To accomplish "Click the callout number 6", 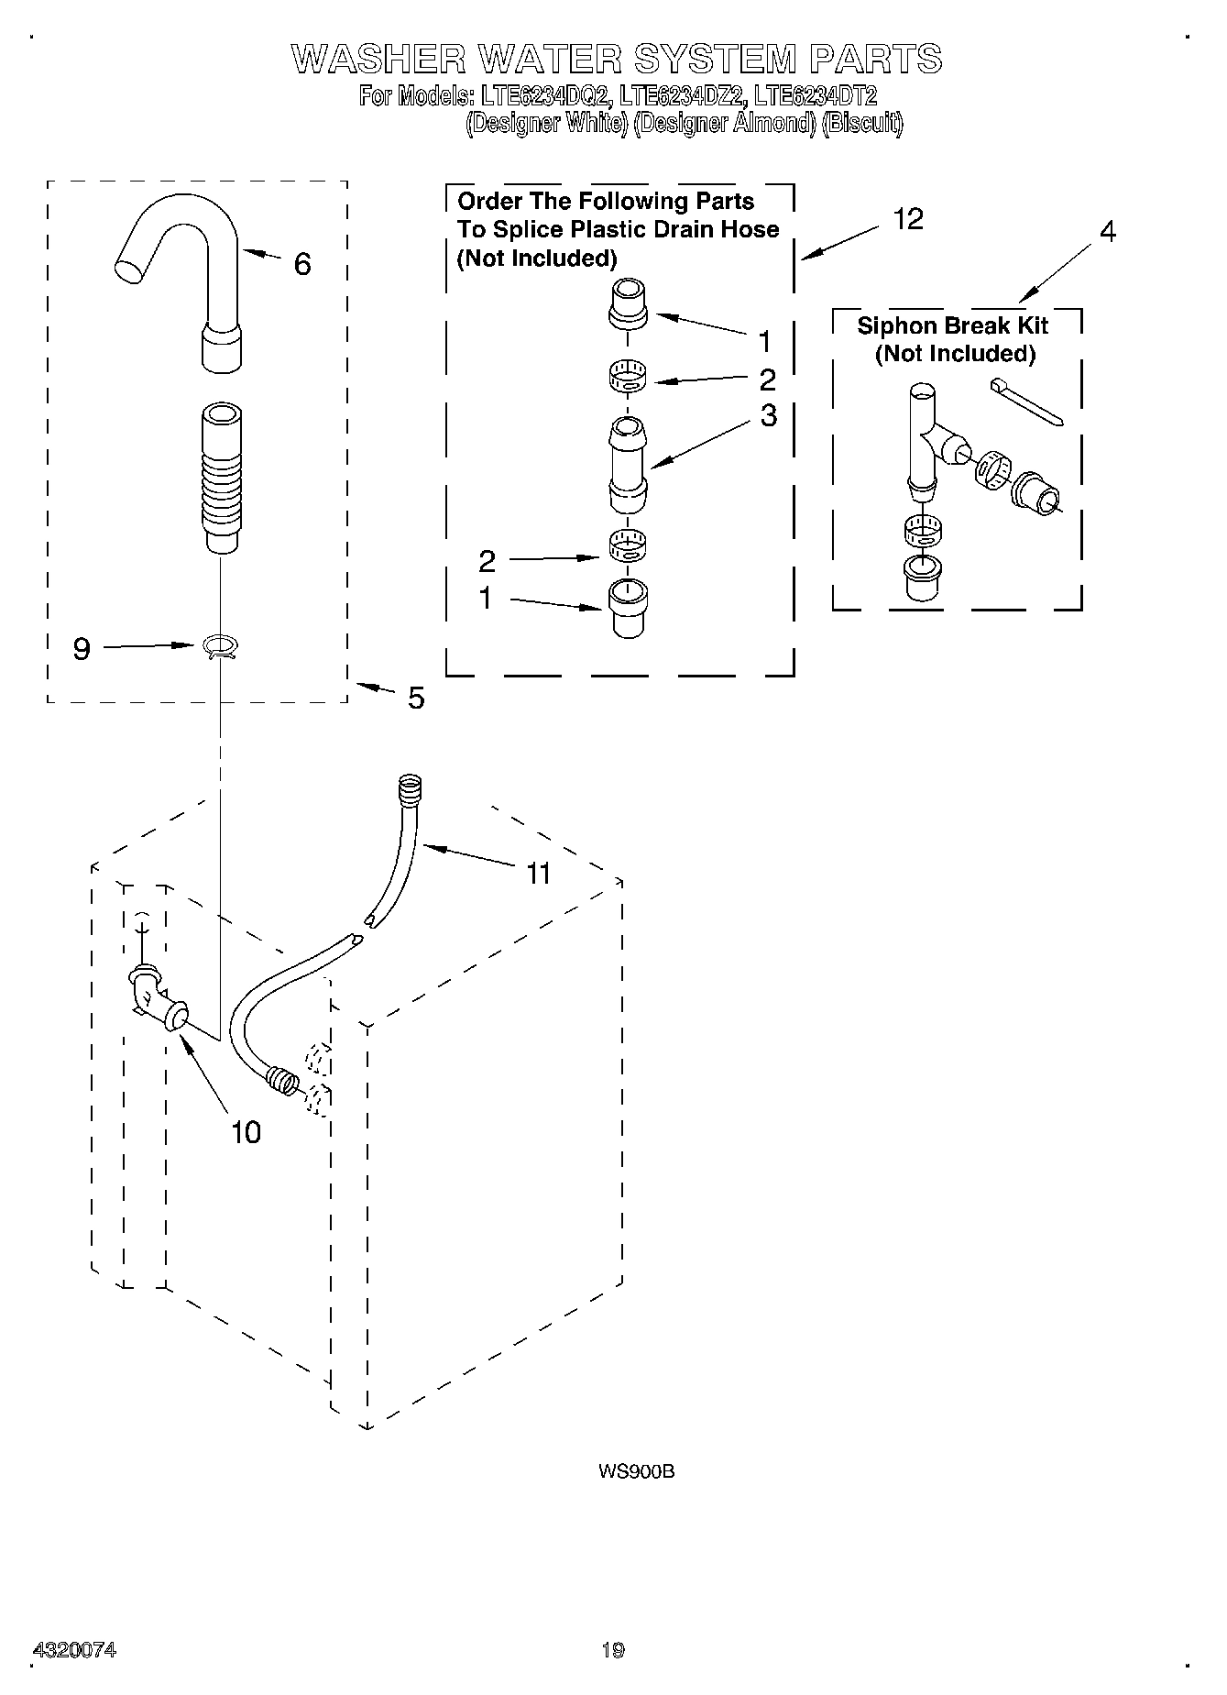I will point(302,265).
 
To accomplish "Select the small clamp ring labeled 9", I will point(220,647).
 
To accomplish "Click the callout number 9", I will point(82,649).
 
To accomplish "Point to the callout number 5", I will point(416,699).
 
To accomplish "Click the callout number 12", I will point(907,219).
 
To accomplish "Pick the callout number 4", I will point(1107,232).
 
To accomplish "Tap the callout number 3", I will point(768,415).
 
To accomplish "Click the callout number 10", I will point(246,1133).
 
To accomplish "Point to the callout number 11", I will point(539,874).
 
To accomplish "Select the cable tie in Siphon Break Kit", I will point(1026,403).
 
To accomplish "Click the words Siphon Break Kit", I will point(952,325).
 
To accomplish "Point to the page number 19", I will point(613,1650).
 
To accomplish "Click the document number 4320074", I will point(74,1650).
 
